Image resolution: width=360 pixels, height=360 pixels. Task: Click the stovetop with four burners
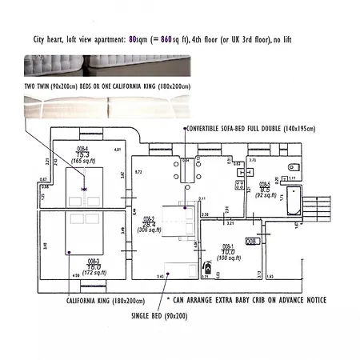click(238, 184)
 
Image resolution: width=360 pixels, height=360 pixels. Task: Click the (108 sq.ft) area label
click(229, 258)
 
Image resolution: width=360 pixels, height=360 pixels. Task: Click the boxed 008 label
click(251, 240)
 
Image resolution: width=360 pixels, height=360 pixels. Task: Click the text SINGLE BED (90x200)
click(161, 317)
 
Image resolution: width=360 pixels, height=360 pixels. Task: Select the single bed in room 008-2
click(180, 270)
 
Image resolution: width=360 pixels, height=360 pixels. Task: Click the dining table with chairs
click(186, 170)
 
